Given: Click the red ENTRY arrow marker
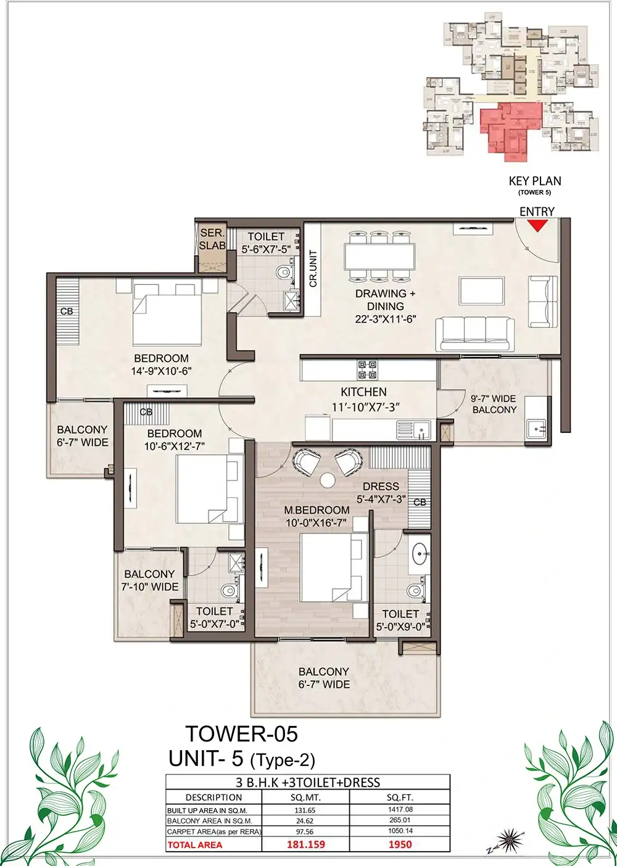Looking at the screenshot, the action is [x=537, y=226].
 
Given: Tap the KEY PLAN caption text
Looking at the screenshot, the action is [x=534, y=181].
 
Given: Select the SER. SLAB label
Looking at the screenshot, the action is [x=212, y=239].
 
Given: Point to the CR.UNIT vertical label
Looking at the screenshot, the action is [x=313, y=268].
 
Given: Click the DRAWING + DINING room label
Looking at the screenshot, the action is [x=385, y=306].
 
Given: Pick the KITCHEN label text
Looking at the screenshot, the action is [x=363, y=392].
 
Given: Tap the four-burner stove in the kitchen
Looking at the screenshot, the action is [x=367, y=369].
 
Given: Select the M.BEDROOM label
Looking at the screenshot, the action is [x=317, y=510].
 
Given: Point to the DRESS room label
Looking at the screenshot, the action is [x=381, y=486].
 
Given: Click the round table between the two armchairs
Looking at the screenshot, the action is [x=328, y=480].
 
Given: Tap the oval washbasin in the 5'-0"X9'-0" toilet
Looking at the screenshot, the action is [x=420, y=553].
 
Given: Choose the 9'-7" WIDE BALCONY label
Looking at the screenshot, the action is [x=494, y=404].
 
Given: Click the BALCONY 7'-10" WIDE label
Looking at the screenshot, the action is [x=150, y=580].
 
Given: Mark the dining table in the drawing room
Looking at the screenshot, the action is [x=379, y=257].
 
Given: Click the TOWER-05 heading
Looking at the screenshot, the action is [x=242, y=734].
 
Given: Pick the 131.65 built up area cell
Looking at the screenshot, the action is [x=305, y=810].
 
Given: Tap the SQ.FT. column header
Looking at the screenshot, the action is [x=400, y=797].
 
